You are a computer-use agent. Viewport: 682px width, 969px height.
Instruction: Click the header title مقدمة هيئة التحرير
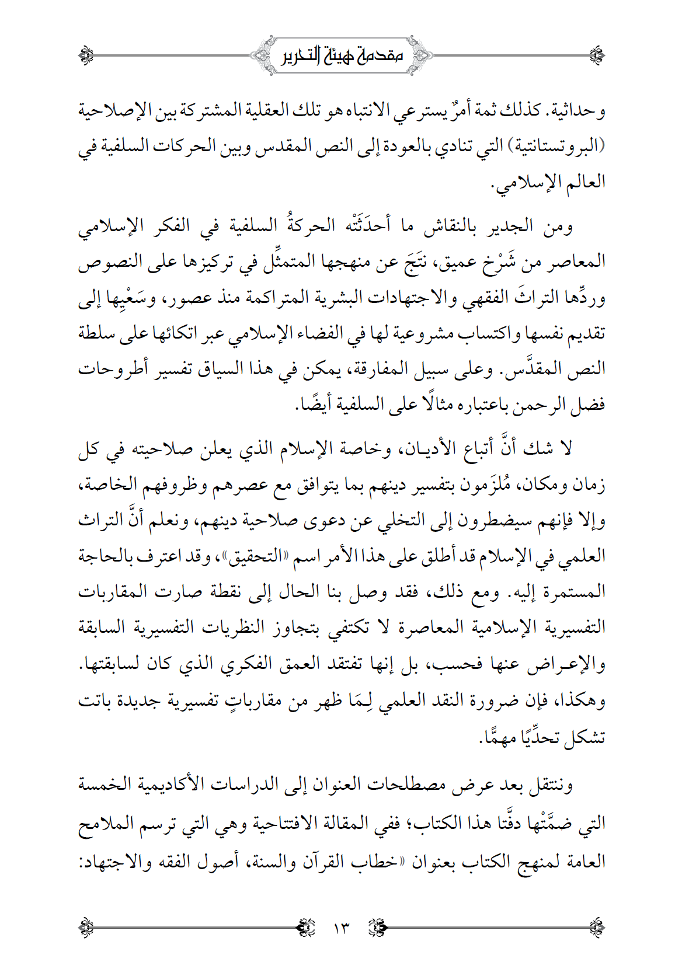(x=341, y=56)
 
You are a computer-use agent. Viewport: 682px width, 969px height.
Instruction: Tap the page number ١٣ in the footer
(x=340, y=927)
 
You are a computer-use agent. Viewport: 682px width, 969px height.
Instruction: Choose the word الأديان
(x=424, y=448)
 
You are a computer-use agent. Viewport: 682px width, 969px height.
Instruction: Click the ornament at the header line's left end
(x=86, y=56)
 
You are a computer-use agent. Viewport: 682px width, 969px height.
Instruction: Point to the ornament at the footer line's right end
(x=597, y=927)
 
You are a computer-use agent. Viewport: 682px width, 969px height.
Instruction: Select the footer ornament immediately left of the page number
(x=306, y=927)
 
